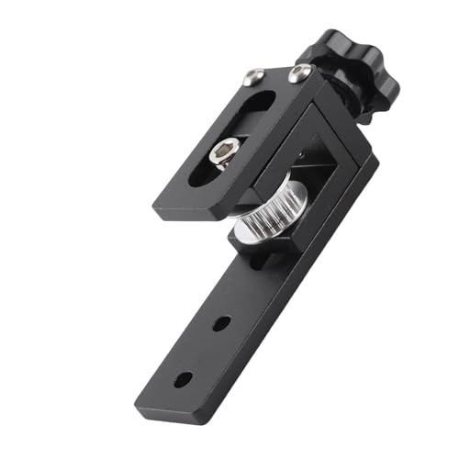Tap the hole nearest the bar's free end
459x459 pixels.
pos(184,379)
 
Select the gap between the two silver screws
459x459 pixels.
pos(275,76)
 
